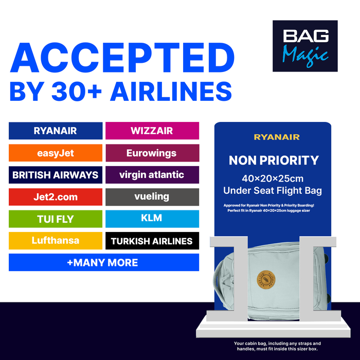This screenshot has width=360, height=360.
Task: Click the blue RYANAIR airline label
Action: pyautogui.click(x=55, y=131)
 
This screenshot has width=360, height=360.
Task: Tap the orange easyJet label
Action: pyautogui.click(x=55, y=153)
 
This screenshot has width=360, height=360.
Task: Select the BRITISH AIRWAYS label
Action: pyautogui.click(x=55, y=175)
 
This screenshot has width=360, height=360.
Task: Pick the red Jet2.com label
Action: pyautogui.click(x=55, y=196)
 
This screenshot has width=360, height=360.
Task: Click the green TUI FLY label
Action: pyautogui.click(x=55, y=219)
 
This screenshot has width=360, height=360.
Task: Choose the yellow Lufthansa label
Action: pyautogui.click(x=55, y=241)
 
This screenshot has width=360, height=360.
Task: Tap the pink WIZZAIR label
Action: pyautogui.click(x=152, y=131)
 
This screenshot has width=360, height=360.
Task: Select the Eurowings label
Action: pyautogui.click(x=152, y=153)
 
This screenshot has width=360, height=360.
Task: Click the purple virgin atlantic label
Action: pyautogui.click(x=152, y=175)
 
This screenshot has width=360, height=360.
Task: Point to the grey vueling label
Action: pyautogui.click(x=152, y=196)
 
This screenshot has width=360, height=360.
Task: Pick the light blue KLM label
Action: pyautogui.click(x=152, y=219)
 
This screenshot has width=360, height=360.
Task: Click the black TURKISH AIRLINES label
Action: pyautogui.click(x=152, y=241)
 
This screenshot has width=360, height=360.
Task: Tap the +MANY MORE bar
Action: pyautogui.click(x=103, y=262)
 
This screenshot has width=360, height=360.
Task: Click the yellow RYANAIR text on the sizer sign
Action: pyautogui.click(x=276, y=137)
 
